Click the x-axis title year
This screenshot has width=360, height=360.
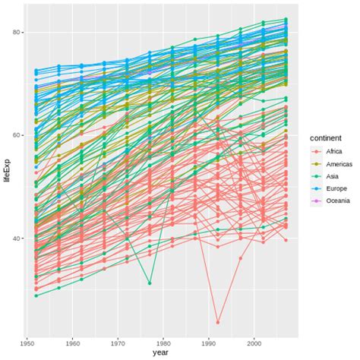(160, 352)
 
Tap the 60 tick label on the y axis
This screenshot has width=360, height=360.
(16, 135)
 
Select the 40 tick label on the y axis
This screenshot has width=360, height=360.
(16, 238)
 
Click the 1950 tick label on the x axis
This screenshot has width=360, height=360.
(28, 341)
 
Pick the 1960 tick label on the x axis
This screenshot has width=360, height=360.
(74, 341)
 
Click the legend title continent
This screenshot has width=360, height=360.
(328, 138)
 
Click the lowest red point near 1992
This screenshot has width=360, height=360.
(219, 322)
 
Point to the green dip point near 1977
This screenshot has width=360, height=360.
(150, 283)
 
